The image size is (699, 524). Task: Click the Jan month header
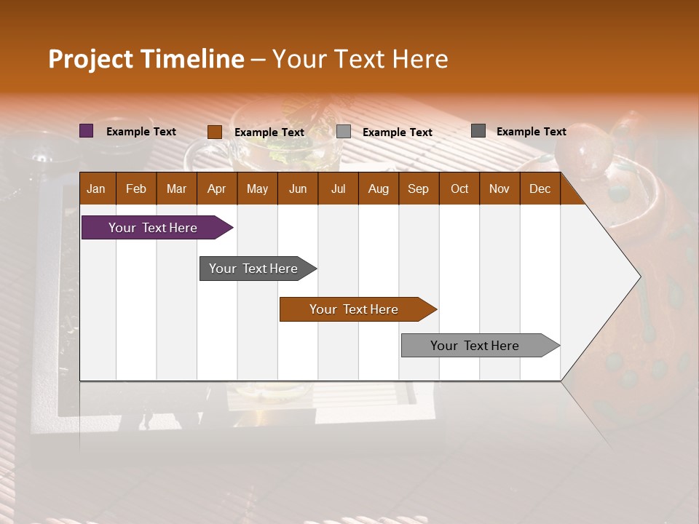click(x=96, y=188)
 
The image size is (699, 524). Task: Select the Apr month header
click(x=216, y=188)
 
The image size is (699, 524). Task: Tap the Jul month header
click(x=338, y=188)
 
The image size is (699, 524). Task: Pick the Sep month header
click(x=418, y=188)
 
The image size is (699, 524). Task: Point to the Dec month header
click(x=540, y=188)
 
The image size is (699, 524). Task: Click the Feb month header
click(x=136, y=188)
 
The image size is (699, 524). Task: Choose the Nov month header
click(x=499, y=188)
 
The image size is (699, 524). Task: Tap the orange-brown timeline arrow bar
click(x=355, y=309)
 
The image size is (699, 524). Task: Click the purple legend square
click(x=86, y=131)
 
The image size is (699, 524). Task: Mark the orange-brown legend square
click(x=214, y=132)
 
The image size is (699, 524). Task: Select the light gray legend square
click(x=344, y=132)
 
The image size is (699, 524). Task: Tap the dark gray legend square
click(x=478, y=131)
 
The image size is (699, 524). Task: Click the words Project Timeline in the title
click(x=146, y=59)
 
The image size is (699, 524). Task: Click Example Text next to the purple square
click(x=141, y=132)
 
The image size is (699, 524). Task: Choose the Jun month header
click(x=298, y=188)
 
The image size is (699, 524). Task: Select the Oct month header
click(x=459, y=188)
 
